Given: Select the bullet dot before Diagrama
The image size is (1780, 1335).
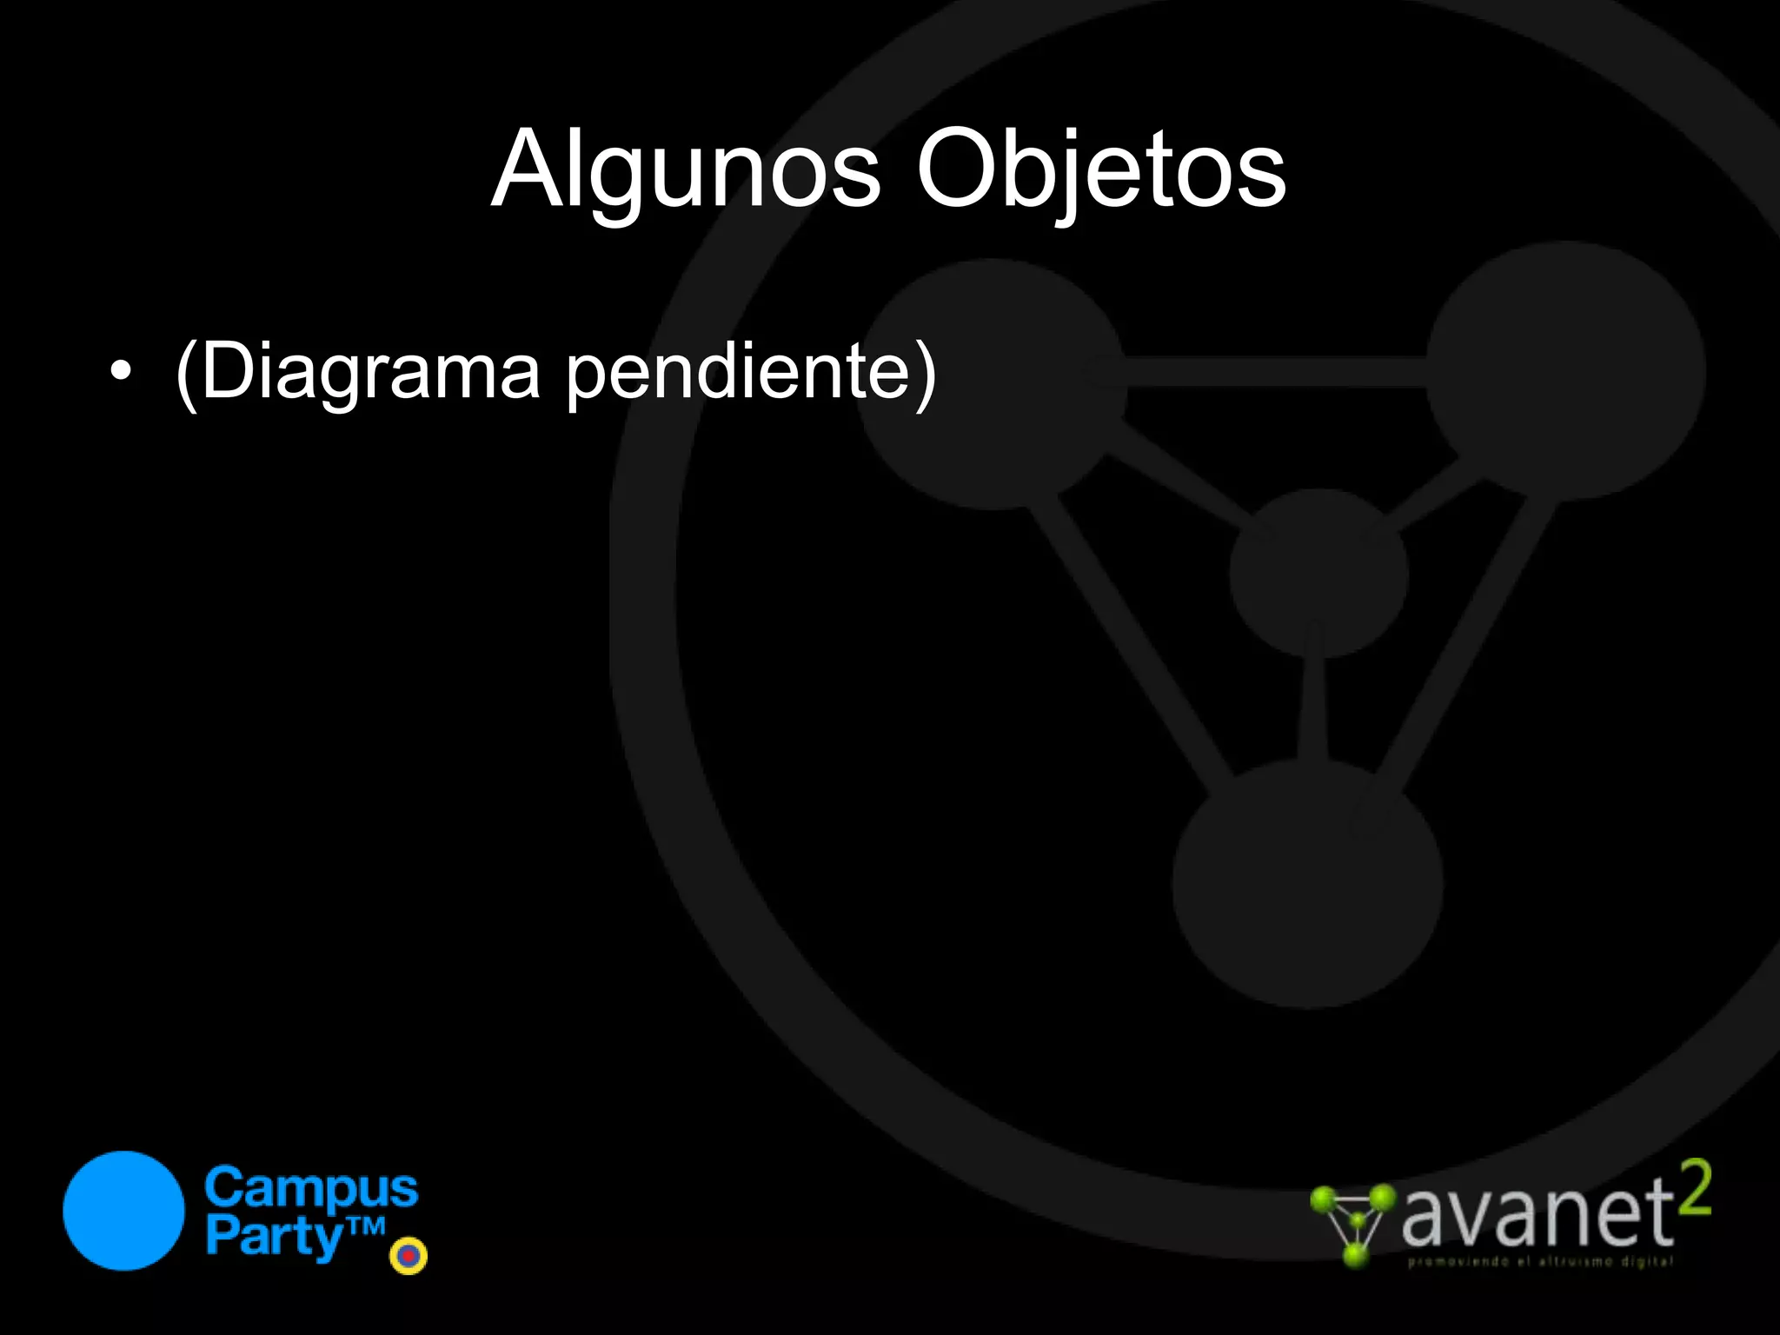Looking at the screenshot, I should point(122,372).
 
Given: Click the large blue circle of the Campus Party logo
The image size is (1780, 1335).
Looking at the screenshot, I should point(124,1211).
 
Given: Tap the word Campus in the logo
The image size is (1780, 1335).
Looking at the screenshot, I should point(311,1188).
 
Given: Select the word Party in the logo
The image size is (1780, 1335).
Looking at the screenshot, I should point(274,1236).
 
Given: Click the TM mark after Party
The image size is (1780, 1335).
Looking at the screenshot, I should point(366,1226).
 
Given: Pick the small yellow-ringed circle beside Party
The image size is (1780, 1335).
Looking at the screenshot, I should point(408,1255).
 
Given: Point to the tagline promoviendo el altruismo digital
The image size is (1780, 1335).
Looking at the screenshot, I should point(1540,1261).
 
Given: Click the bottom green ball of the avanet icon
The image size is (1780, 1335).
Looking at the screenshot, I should point(1354,1254).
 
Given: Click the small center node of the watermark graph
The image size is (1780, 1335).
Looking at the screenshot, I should point(1318,574).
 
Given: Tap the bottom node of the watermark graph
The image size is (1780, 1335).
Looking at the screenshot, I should point(1307,883).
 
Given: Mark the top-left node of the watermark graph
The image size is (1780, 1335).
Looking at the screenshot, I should point(992,383).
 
